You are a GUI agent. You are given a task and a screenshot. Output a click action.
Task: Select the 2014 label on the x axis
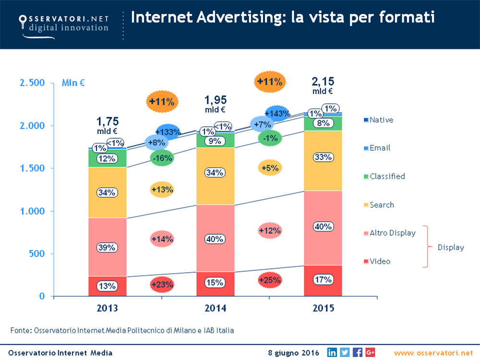[x=216, y=308]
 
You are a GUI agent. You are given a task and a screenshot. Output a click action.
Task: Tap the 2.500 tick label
[x=32, y=83]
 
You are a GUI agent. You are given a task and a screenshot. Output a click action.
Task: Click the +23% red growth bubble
[x=162, y=284]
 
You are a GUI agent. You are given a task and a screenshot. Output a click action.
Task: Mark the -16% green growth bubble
[x=162, y=158]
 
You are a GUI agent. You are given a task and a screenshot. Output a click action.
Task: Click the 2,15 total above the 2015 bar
[x=323, y=81]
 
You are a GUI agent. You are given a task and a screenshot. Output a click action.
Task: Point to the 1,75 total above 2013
[x=108, y=121]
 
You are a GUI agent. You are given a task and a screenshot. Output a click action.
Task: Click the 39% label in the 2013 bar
[x=107, y=248]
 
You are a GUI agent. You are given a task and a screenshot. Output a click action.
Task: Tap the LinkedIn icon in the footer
[x=332, y=352]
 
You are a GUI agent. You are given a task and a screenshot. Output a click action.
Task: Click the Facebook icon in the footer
[x=357, y=352]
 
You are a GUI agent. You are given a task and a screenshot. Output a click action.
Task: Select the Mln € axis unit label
[x=73, y=83]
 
